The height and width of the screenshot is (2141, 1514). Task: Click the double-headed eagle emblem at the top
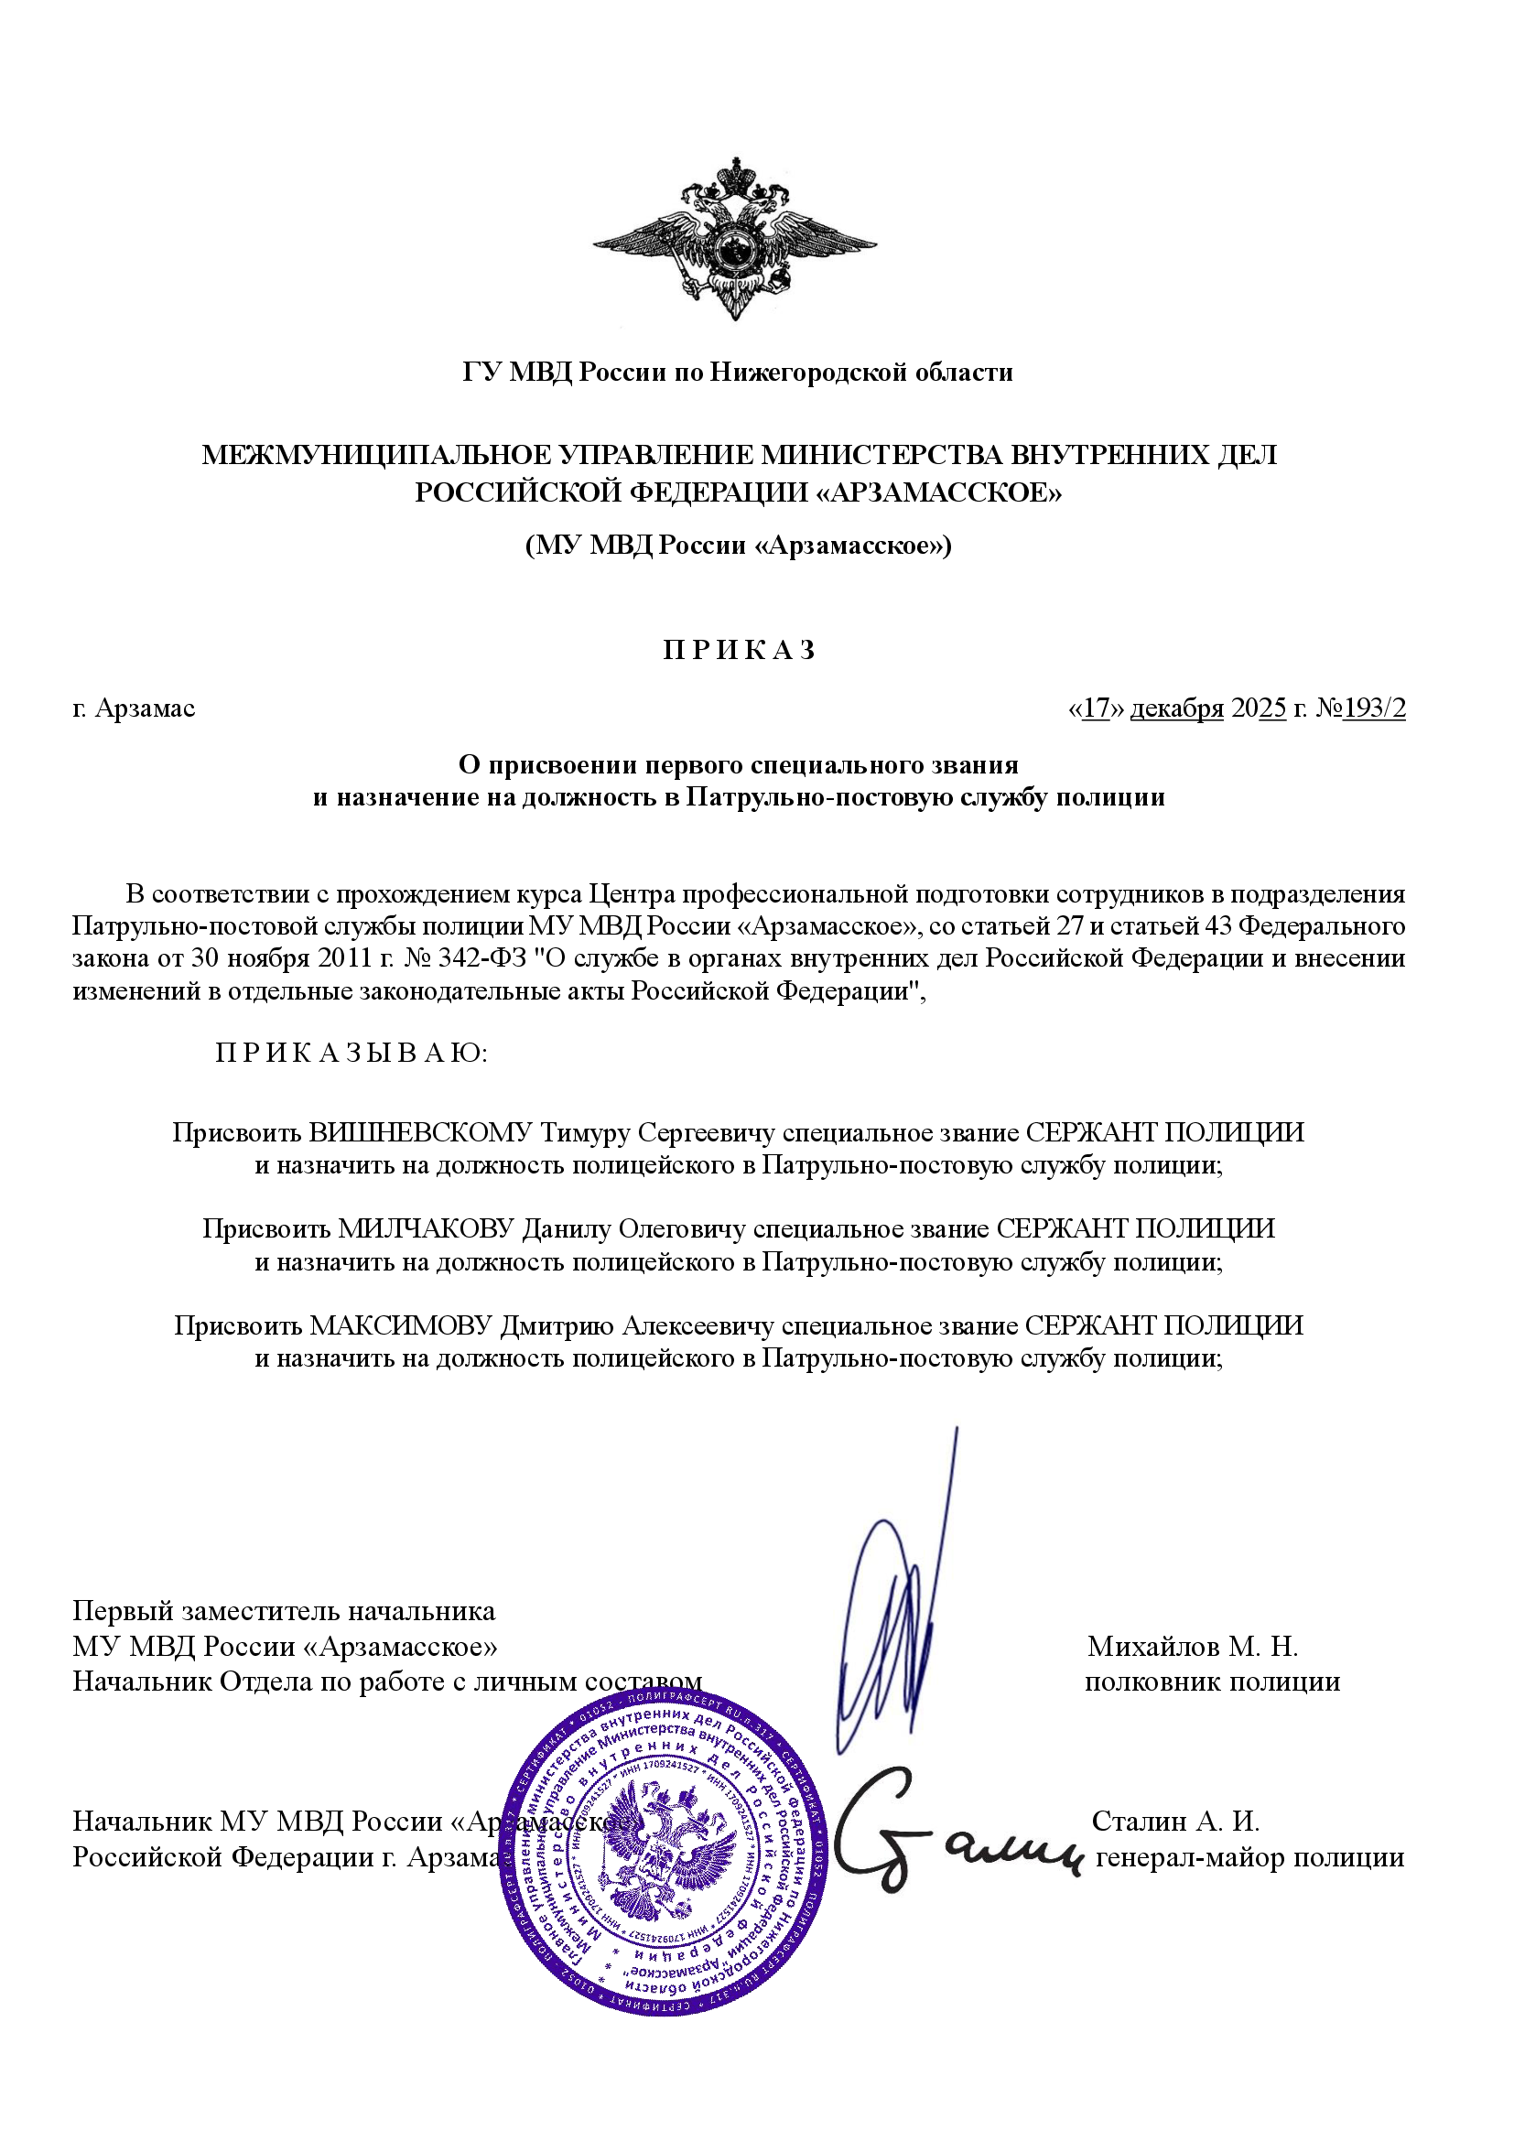click(x=735, y=240)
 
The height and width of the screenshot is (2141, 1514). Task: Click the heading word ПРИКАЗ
click(x=739, y=650)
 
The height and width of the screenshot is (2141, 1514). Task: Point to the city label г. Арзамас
click(x=135, y=708)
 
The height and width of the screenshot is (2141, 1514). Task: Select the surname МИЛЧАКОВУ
click(x=425, y=1228)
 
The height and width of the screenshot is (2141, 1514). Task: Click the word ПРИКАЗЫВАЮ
click(x=351, y=1053)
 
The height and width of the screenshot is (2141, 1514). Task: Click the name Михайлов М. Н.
click(x=1193, y=1646)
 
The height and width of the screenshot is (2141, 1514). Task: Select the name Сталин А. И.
click(x=1174, y=1821)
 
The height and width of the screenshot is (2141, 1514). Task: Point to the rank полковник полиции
click(x=1212, y=1681)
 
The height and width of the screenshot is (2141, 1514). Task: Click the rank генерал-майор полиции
click(x=1249, y=1856)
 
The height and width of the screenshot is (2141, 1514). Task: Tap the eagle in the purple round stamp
click(x=664, y=1846)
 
